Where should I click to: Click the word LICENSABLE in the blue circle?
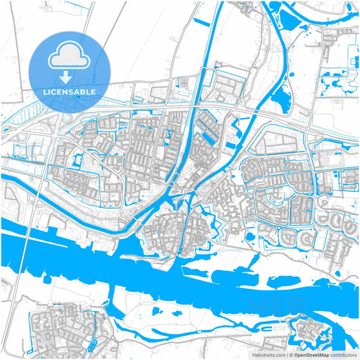point(70,91)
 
